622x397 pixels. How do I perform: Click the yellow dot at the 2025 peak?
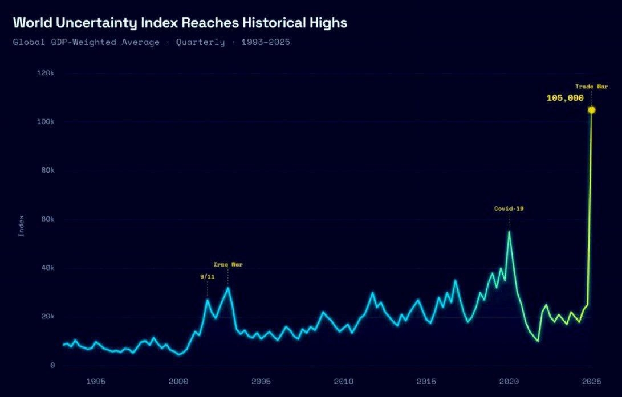(x=591, y=110)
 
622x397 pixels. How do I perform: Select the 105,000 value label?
(x=565, y=98)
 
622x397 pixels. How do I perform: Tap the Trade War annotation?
(x=591, y=87)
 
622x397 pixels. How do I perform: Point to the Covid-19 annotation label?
(x=509, y=208)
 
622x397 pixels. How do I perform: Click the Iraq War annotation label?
(x=228, y=264)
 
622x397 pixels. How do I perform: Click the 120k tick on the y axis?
(x=44, y=73)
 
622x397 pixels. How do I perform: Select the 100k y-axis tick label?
(x=44, y=122)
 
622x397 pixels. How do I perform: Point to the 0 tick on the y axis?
(x=52, y=365)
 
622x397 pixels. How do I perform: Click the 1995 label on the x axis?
(x=95, y=380)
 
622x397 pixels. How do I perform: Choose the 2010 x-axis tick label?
(x=343, y=380)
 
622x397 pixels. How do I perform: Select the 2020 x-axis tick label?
(x=509, y=380)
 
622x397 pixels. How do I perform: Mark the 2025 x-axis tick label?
(x=591, y=380)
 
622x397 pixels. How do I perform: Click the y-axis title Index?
(x=21, y=226)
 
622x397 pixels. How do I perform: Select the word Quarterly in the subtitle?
(x=200, y=42)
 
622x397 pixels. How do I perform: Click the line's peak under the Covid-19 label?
(x=509, y=231)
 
